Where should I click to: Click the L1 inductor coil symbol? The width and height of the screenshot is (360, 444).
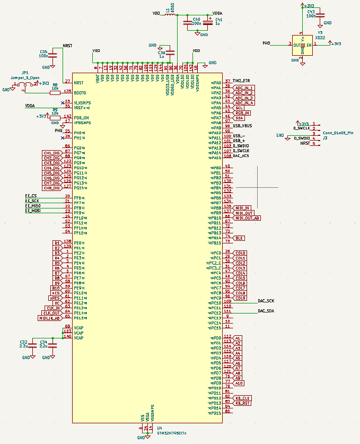[x=171, y=14]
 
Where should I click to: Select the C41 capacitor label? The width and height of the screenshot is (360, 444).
[x=219, y=20]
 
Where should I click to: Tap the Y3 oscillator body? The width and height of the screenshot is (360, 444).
[x=302, y=45]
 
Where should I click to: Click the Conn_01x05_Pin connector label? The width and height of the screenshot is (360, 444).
[x=338, y=133]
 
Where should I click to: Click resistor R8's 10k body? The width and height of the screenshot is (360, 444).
[x=55, y=92]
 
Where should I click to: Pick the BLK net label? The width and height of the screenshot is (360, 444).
[x=239, y=238]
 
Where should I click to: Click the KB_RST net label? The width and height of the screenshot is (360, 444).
[x=243, y=403]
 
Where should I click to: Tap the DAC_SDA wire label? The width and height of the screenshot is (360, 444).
[x=266, y=311]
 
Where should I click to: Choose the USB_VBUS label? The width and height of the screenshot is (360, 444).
[x=242, y=126]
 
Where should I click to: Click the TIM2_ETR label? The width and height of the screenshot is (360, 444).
[x=241, y=81]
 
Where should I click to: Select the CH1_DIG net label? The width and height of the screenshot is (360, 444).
[x=52, y=153]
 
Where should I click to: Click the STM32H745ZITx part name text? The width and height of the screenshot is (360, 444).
[x=171, y=433]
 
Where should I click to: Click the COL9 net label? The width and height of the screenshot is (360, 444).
[x=241, y=298]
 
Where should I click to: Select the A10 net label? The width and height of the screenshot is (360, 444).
[x=239, y=383]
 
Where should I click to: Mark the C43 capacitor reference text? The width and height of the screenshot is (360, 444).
[x=310, y=11]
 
